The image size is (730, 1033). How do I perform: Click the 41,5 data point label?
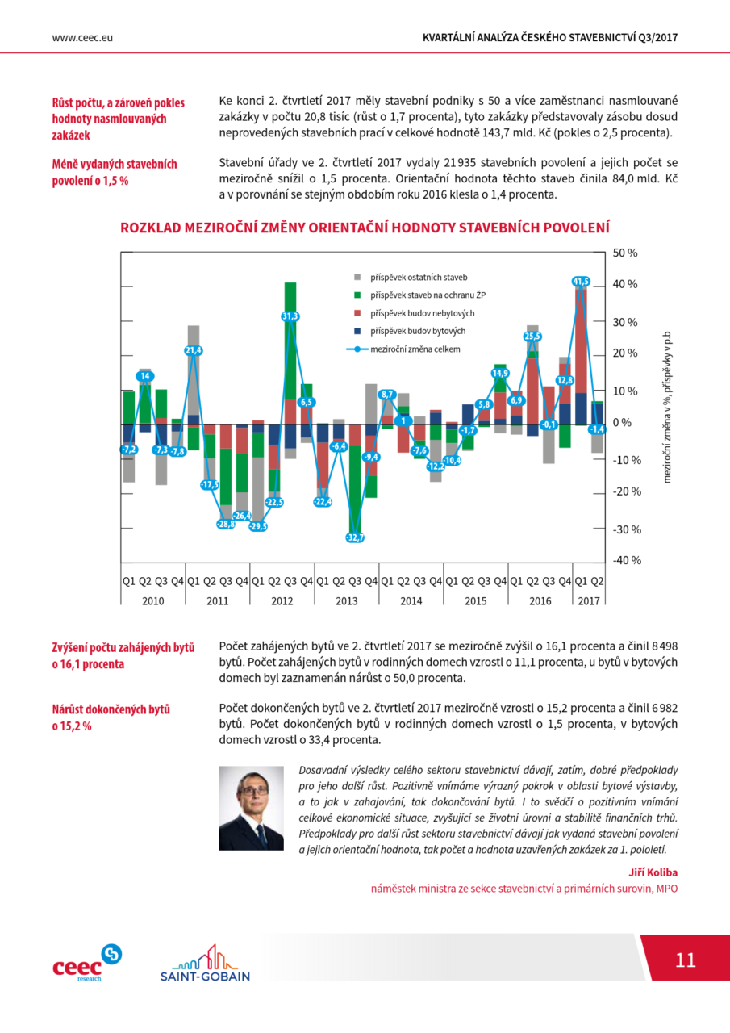tap(581, 282)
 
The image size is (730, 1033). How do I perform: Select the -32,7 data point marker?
tap(355, 537)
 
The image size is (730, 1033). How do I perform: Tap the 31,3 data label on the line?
tap(290, 316)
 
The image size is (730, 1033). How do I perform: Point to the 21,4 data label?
tap(194, 350)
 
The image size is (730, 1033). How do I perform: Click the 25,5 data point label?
tap(532, 337)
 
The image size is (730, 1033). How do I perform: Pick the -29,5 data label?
tap(258, 526)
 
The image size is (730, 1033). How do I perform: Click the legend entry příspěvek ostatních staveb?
tap(411, 277)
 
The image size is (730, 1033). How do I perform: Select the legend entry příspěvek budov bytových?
tap(410, 331)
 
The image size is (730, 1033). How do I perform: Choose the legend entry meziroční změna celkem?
tap(403, 349)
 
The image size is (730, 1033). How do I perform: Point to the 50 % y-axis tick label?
tap(625, 253)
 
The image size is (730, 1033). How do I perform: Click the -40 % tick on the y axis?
tap(627, 560)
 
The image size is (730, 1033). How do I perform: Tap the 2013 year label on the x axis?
tap(347, 601)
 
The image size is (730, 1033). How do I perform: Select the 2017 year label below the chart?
tap(589, 601)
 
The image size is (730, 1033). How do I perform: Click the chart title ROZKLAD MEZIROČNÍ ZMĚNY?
tap(365, 228)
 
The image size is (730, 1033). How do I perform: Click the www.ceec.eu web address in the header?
tap(82, 38)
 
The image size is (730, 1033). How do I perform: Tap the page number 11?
tap(686, 960)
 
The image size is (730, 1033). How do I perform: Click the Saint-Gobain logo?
tap(205, 963)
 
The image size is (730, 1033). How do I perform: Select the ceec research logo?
tap(87, 963)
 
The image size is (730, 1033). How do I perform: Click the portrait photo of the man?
tap(251, 809)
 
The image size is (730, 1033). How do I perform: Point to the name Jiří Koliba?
tap(653, 872)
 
